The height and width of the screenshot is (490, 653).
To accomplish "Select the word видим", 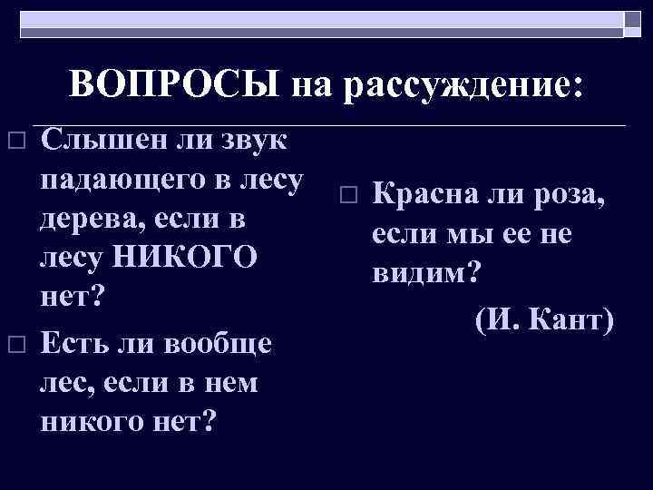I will coord(424,272).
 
